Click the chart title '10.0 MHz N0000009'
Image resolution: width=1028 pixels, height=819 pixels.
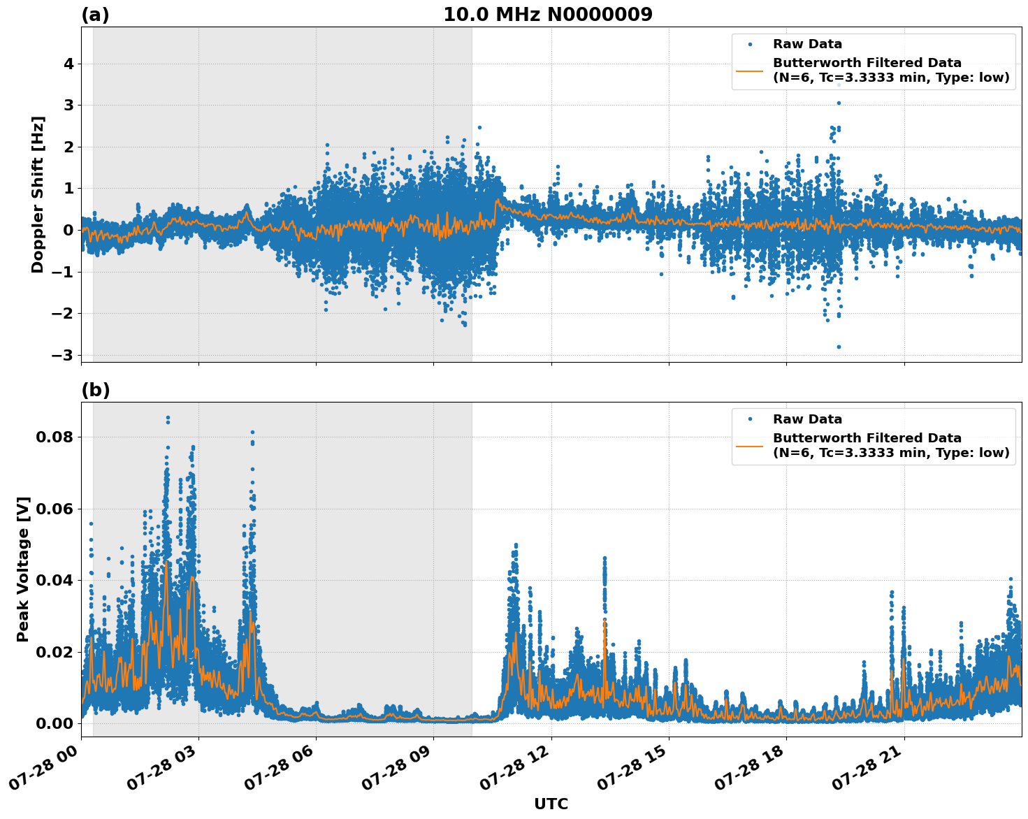(x=547, y=15)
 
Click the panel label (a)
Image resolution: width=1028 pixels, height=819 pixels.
(x=95, y=15)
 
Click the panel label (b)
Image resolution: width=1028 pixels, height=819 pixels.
(x=95, y=390)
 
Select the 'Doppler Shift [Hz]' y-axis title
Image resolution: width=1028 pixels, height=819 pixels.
(x=38, y=194)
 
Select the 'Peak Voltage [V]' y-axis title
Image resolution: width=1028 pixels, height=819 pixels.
(x=23, y=570)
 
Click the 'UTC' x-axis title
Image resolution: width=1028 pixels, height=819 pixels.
(x=551, y=804)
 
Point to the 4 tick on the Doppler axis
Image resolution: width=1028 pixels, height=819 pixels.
(x=68, y=64)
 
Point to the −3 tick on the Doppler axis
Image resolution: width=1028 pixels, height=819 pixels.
(x=63, y=355)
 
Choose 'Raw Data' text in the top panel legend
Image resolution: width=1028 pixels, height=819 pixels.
(x=807, y=44)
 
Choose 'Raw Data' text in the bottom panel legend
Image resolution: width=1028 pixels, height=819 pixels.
(x=807, y=419)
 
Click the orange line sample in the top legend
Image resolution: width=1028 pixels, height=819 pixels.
(x=749, y=71)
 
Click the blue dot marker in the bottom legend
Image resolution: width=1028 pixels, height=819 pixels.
(x=749, y=419)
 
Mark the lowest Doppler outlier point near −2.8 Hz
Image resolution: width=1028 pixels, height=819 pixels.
(x=839, y=347)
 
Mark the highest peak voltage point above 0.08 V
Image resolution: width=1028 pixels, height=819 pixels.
(x=168, y=418)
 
